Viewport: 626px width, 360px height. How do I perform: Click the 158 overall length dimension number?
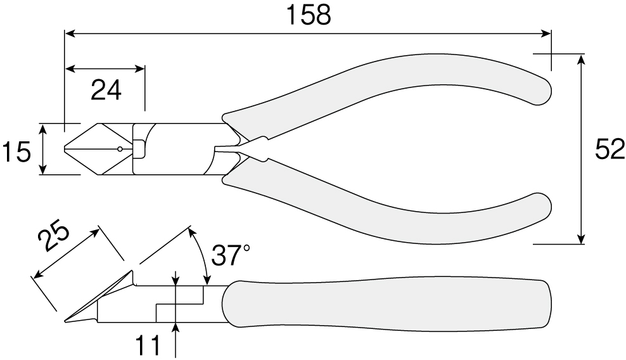pyautogui.click(x=309, y=16)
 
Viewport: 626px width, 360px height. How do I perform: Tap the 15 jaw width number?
pyautogui.click(x=16, y=152)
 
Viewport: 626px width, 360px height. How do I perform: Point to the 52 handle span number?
pyautogui.click(x=610, y=150)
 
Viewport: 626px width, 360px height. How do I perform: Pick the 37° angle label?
pyautogui.click(x=231, y=255)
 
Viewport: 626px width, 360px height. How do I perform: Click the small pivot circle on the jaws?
pyautogui.click(x=120, y=149)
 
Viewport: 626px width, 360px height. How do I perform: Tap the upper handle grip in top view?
pyautogui.click(x=387, y=92)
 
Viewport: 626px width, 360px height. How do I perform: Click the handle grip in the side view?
pyautogui.click(x=386, y=302)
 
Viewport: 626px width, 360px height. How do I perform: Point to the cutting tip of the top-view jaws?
pyautogui.click(x=65, y=149)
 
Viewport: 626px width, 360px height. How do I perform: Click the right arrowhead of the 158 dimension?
pyautogui.click(x=546, y=34)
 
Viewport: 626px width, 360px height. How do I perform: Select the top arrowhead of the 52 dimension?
pyautogui.click(x=581, y=60)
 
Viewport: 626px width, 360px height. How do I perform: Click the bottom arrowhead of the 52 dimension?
pyautogui.click(x=581, y=238)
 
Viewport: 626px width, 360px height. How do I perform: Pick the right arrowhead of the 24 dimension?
pyautogui.click(x=139, y=68)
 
